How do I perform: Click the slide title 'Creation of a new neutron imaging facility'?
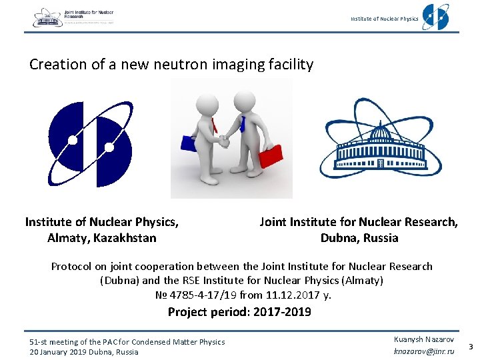pyautogui.click(x=171, y=65)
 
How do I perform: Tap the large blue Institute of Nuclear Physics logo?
pyautogui.click(x=91, y=143)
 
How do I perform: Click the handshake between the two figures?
pyautogui.click(x=225, y=141)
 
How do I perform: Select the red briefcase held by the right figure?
pyautogui.click(x=270, y=156)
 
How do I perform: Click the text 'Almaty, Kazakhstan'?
pyautogui.click(x=101, y=238)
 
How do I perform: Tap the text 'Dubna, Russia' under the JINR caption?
pyautogui.click(x=359, y=238)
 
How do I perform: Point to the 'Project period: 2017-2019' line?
pyautogui.click(x=239, y=312)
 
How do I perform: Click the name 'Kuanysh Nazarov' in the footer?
pyautogui.click(x=424, y=339)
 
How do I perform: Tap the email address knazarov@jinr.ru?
pyautogui.click(x=424, y=351)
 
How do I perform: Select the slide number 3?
pyautogui.click(x=471, y=346)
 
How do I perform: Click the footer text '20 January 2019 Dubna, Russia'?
pyautogui.click(x=84, y=352)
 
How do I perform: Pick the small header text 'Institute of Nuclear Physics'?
pyautogui.click(x=385, y=19)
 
